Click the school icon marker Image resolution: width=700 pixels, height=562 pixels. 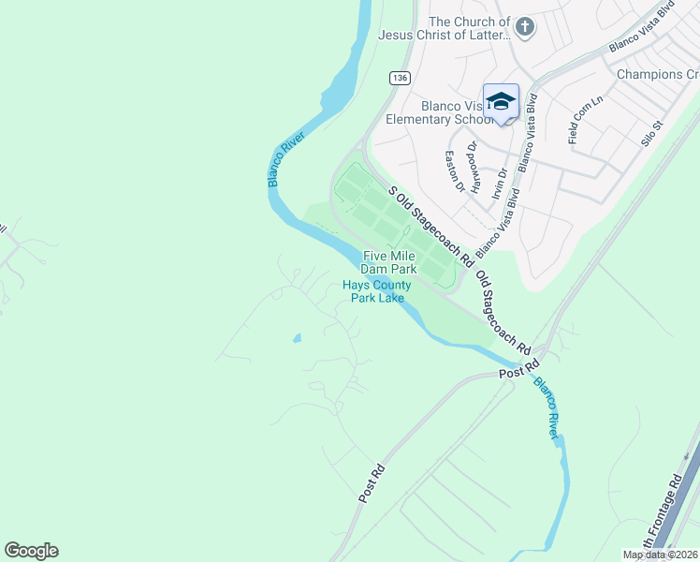click(501, 101)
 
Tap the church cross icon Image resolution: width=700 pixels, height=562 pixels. click(524, 27)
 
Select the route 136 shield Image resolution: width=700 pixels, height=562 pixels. click(400, 79)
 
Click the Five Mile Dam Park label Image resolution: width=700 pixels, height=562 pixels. click(389, 262)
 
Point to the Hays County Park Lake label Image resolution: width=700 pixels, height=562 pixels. click(377, 291)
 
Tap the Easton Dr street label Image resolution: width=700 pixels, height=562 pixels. click(455, 171)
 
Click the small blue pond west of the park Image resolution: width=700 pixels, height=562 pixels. click(297, 337)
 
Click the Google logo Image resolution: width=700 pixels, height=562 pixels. click(31, 551)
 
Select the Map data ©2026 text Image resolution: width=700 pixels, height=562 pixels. click(660, 555)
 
